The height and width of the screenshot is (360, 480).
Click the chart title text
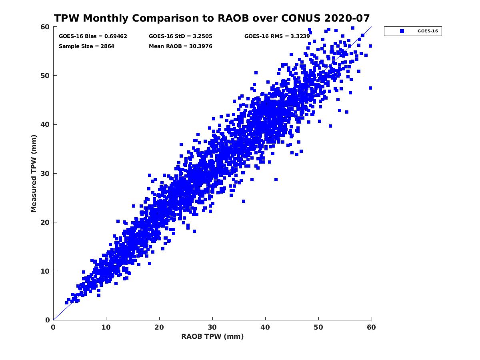tap(212, 18)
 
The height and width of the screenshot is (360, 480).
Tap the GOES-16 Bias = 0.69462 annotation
tap(93, 36)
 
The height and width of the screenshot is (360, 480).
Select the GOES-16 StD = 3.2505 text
tap(180, 36)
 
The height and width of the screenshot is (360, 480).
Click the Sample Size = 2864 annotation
tap(86, 46)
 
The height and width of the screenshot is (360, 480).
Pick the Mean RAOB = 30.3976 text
tap(180, 46)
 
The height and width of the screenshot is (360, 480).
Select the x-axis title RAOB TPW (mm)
tap(212, 336)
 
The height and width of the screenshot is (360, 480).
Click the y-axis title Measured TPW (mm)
tap(34, 173)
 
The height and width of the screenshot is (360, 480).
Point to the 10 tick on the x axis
tap(106, 327)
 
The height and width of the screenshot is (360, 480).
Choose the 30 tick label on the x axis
tap(212, 327)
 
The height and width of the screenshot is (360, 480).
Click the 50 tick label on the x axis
tap(318, 327)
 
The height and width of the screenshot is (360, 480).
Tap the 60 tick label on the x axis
tap(372, 327)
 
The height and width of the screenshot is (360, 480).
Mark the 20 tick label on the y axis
tap(45, 222)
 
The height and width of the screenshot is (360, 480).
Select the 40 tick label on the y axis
tap(45, 124)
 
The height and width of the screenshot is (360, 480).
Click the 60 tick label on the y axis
tap(45, 27)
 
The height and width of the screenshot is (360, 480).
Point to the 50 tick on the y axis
tap(45, 76)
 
